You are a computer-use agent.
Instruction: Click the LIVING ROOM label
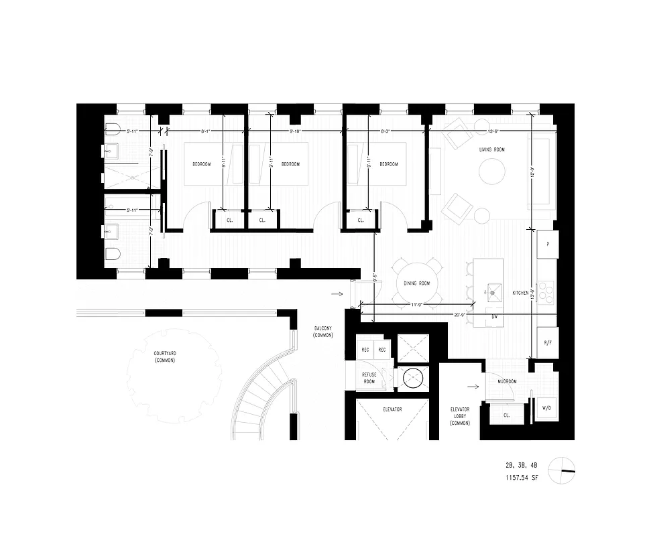click(x=492, y=149)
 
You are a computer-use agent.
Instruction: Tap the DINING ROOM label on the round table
click(x=416, y=283)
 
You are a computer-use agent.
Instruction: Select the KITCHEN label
click(x=521, y=293)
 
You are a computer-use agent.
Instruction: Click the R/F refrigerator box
click(x=547, y=343)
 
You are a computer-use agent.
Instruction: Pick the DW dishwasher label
click(x=493, y=316)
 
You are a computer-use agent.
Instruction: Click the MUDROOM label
click(x=506, y=381)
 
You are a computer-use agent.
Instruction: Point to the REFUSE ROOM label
click(x=369, y=379)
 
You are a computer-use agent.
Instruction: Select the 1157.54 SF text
click(x=525, y=478)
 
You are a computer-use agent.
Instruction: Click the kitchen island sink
click(x=495, y=291)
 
